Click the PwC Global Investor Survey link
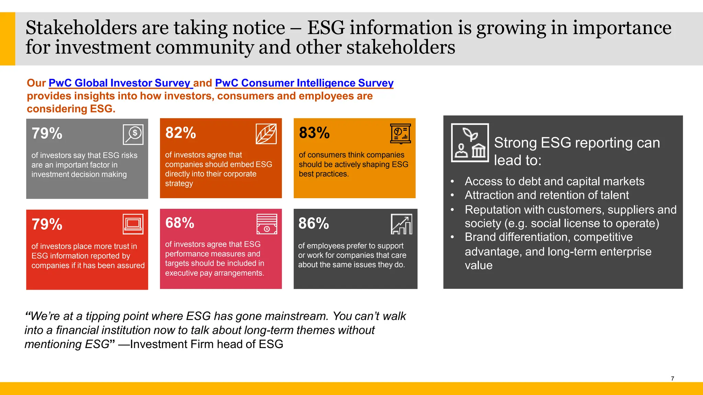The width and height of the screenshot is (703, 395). pos(119,83)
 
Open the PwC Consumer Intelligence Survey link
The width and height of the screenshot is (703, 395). pos(304,83)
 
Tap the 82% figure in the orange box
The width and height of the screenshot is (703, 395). pos(181,133)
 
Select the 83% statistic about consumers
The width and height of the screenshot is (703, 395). pos(314,133)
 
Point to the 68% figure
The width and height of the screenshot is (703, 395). pos(180,223)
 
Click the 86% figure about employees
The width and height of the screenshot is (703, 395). pos(313,224)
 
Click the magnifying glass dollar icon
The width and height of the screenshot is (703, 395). pos(133,134)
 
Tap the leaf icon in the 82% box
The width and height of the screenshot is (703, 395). pos(266,134)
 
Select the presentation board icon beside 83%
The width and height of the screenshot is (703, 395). pos(400,133)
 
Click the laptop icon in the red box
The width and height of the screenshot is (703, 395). pos(133,224)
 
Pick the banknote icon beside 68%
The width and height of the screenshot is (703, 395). pos(267,224)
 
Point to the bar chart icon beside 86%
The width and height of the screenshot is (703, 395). pos(401,224)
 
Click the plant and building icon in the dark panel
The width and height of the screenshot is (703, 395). pos(470,143)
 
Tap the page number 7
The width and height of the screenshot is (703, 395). pos(672,379)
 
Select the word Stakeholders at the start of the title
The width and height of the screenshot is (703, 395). pos(81,28)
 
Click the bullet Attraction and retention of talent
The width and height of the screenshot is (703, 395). pos(546,195)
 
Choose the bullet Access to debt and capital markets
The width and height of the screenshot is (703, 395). pos(554,181)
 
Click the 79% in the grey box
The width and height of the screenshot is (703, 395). pos(47,134)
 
